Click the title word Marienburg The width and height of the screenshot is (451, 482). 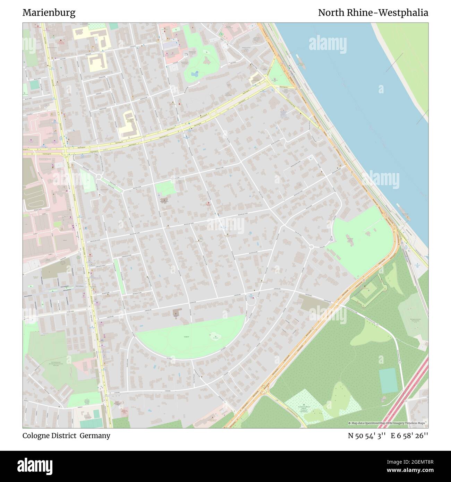pos(49,13)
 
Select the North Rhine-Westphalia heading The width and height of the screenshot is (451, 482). pos(373,13)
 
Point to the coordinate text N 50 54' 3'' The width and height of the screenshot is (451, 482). pos(367,436)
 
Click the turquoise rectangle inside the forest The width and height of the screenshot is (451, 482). pos(388,381)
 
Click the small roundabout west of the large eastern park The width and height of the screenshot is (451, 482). pos(311,247)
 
